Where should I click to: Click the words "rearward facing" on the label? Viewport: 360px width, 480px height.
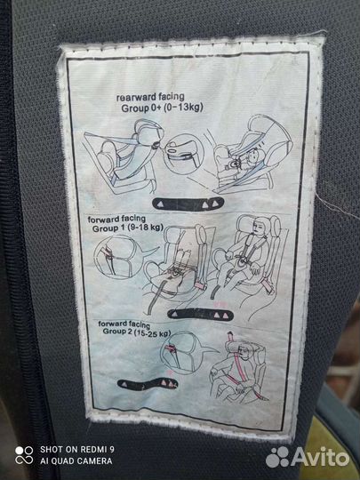(x=150, y=98)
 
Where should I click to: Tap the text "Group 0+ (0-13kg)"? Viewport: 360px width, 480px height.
(x=162, y=108)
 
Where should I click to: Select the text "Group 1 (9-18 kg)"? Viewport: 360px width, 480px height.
(x=127, y=228)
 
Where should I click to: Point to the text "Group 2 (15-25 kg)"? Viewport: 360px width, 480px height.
(x=137, y=332)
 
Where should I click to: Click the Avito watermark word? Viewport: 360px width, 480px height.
(x=320, y=458)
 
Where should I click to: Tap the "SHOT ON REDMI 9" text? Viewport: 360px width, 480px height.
(x=77, y=450)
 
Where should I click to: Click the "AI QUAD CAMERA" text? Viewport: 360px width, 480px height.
(x=76, y=461)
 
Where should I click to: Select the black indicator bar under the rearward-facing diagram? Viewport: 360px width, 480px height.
(x=188, y=204)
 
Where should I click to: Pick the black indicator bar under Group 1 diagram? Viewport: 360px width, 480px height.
(x=201, y=314)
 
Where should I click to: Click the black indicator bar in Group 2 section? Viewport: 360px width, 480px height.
(x=148, y=384)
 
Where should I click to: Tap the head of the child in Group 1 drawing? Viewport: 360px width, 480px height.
(x=260, y=226)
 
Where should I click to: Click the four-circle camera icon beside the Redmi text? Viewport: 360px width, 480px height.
(x=24, y=455)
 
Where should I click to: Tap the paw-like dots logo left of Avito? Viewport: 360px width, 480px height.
(x=277, y=457)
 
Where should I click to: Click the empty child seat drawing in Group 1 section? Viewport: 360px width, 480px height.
(x=178, y=263)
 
